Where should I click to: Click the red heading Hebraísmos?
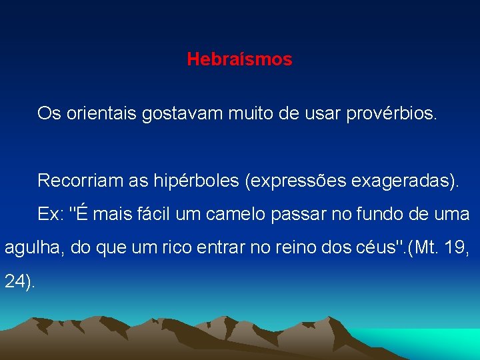239,59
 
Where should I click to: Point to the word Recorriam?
77,180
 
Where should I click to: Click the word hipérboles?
193,180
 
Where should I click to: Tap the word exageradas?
401,180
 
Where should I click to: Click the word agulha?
29,249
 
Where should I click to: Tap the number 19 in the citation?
454,249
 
